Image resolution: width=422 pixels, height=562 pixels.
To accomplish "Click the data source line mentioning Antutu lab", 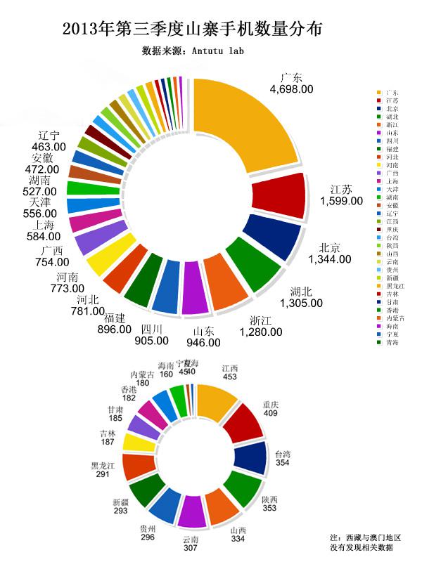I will (193, 51).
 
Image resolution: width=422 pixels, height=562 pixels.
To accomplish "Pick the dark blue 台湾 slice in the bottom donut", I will (250, 457).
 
